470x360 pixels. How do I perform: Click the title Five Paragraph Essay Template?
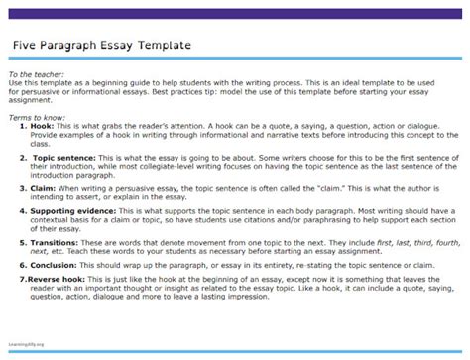(102, 45)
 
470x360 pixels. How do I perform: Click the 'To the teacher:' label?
(34, 75)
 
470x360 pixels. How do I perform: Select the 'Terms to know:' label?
(35, 117)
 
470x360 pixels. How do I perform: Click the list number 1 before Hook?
(23, 128)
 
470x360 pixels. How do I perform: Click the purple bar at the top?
(235, 7)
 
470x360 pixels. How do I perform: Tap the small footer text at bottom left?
(30, 347)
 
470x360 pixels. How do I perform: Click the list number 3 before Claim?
(23, 184)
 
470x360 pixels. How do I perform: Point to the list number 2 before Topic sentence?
(23, 156)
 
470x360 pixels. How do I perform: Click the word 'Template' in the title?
(164, 45)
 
